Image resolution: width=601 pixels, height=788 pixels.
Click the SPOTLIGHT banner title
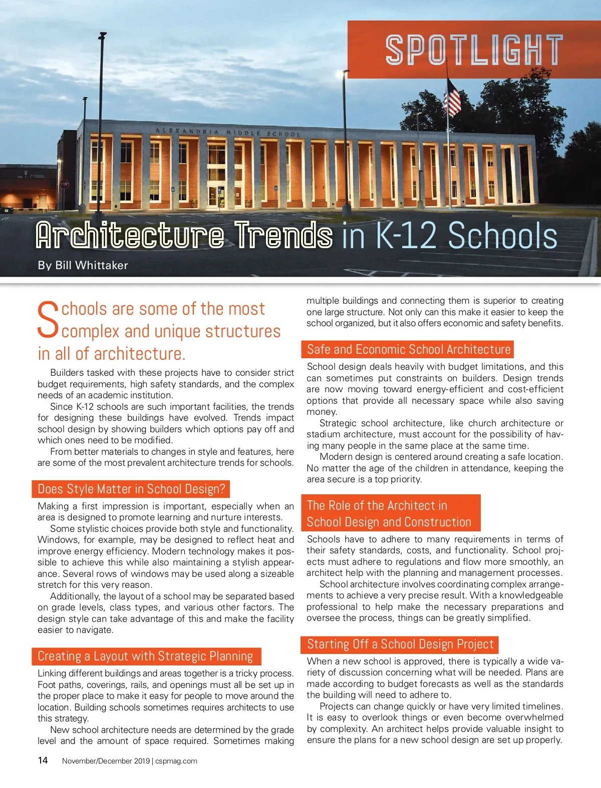[474, 50]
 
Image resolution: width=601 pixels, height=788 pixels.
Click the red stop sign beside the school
[64, 184]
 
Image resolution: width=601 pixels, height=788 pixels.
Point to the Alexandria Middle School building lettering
[228, 132]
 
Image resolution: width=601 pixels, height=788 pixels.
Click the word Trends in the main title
[284, 236]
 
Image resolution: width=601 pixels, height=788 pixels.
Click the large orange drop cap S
[48, 319]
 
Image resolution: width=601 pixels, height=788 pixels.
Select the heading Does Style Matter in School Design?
[131, 489]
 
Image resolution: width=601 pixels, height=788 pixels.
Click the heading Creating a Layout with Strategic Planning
[145, 656]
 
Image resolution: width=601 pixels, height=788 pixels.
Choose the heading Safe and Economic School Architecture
[409, 349]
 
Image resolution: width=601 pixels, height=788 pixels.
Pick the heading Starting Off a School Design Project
[400, 644]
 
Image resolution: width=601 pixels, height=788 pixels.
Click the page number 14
[43, 760]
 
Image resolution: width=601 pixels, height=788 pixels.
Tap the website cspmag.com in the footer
[176, 761]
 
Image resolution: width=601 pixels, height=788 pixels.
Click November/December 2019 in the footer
[106, 761]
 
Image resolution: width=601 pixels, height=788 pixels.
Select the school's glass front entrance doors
[216, 196]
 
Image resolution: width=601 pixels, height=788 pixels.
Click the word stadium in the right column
[323, 434]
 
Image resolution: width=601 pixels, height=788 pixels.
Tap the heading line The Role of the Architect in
[377, 505]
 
